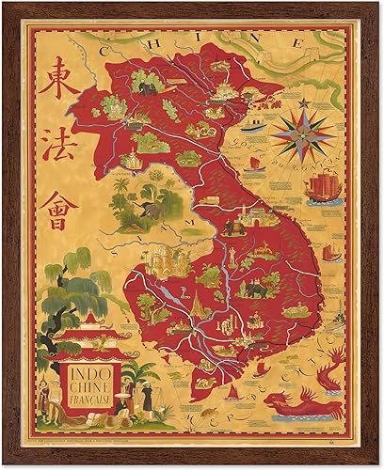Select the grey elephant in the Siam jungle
point(150,212)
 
